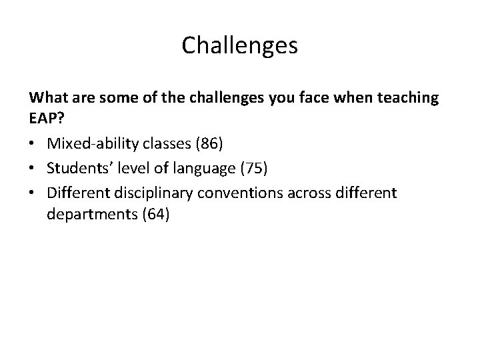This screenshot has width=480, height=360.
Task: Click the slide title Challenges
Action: [240, 46]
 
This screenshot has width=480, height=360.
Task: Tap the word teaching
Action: [406, 98]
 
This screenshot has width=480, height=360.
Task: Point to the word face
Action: [312, 98]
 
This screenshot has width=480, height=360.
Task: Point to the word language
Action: [197, 169]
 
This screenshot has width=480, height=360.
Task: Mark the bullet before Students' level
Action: [33, 169]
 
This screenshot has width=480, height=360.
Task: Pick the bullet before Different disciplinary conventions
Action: [33, 193]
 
